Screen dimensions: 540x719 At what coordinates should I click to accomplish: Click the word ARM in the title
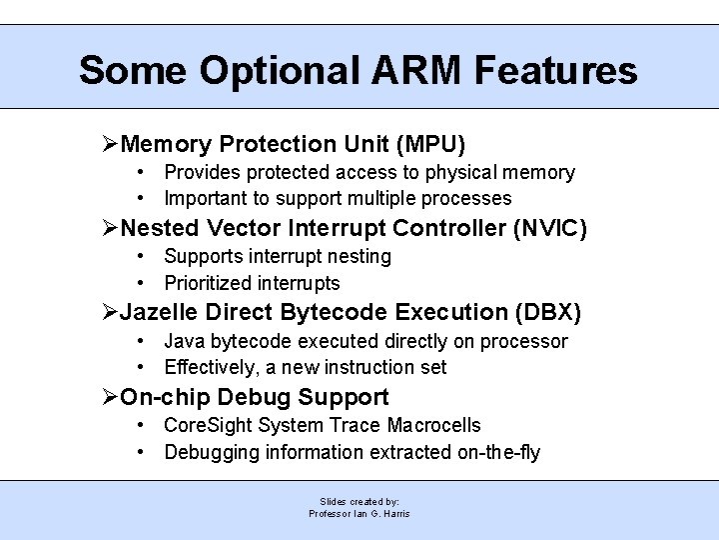[410, 71]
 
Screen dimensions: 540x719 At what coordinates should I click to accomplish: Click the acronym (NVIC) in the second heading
[549, 228]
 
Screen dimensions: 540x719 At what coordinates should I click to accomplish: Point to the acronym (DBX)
[547, 312]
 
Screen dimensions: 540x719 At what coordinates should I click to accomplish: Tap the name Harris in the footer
[395, 514]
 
